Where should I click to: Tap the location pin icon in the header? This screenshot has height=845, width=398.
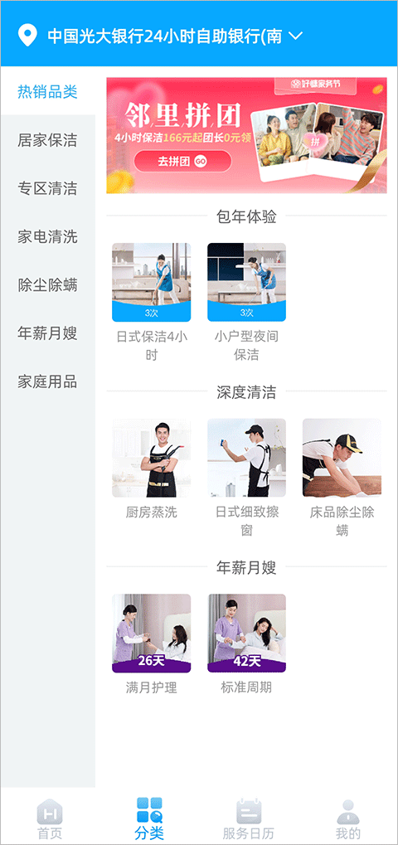click(28, 36)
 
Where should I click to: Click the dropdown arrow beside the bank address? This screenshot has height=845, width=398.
click(295, 36)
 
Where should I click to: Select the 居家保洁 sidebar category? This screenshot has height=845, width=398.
click(47, 140)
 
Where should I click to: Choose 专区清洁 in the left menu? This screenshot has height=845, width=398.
click(47, 188)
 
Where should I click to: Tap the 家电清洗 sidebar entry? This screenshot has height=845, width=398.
click(47, 236)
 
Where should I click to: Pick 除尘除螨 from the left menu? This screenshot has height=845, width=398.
click(47, 284)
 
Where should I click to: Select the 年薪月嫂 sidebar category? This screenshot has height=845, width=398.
click(47, 333)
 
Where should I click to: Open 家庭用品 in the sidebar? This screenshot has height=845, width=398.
click(47, 381)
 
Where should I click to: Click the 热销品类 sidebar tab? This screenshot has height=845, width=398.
click(47, 91)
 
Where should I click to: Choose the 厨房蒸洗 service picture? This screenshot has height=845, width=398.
click(151, 458)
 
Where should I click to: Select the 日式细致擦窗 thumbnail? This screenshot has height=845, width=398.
click(246, 458)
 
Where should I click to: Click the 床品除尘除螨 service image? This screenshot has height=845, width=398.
click(342, 458)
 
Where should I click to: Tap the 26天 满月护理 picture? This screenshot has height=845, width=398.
click(151, 633)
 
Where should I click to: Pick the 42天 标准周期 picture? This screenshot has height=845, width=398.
click(246, 633)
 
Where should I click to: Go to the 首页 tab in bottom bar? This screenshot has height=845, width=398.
click(50, 818)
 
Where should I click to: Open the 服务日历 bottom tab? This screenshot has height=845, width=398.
click(249, 818)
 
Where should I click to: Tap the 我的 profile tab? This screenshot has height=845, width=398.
click(348, 818)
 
